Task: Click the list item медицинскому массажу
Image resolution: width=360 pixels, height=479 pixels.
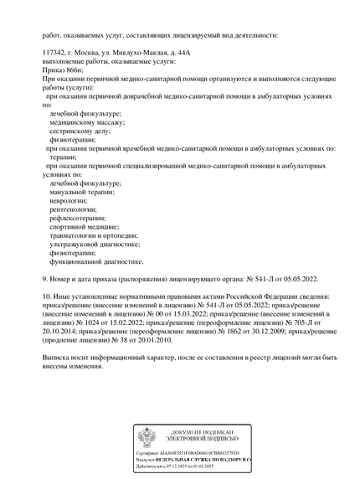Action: coord(87,122)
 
